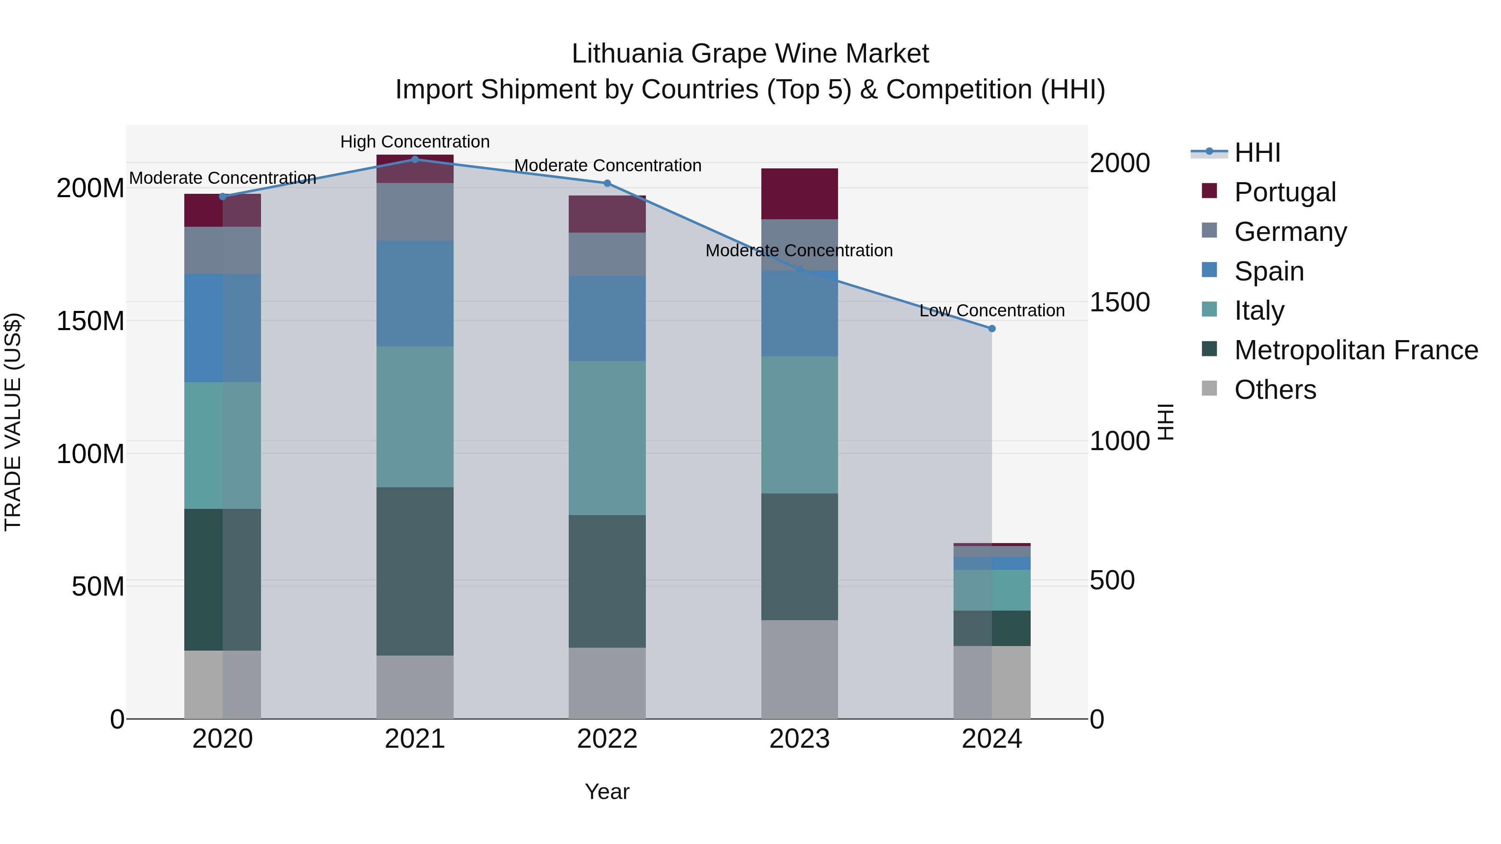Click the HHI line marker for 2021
[415, 159]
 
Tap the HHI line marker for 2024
[992, 328]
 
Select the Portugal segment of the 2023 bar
[799, 193]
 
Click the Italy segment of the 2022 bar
[607, 438]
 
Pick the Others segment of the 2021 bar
[415, 687]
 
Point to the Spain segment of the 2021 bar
[415, 293]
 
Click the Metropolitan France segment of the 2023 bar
[799, 556]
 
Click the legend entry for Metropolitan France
[1355, 350]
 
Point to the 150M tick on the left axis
[90, 321]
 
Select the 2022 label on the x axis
[607, 739]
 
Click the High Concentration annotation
[415, 142]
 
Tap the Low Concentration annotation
[992, 311]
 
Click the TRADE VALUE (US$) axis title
[13, 422]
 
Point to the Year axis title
[607, 791]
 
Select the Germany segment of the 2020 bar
[223, 250]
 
